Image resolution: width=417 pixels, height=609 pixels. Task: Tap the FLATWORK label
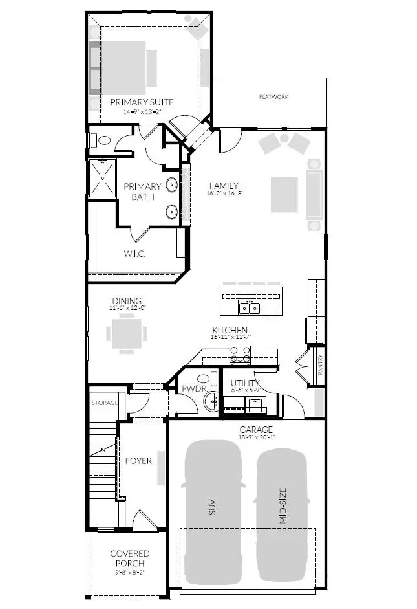[273, 97]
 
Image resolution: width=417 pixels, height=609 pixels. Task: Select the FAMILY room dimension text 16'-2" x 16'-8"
[222, 194]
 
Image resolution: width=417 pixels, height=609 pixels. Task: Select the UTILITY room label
[246, 384]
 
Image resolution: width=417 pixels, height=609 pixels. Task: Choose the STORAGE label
[103, 403]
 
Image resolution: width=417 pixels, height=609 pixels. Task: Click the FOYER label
[138, 461]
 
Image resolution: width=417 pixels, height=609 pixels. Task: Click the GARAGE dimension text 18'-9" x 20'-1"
[257, 437]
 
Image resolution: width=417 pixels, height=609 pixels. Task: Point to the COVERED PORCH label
[129, 559]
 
